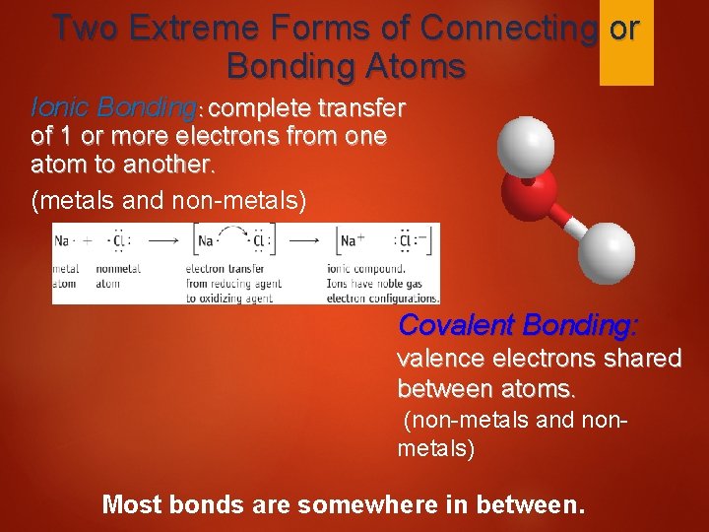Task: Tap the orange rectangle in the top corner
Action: pos(626,44)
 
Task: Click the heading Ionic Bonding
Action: pos(113,106)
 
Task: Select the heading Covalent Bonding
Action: pos(518,324)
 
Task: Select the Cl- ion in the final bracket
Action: pos(413,239)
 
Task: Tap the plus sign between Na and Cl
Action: pos(89,239)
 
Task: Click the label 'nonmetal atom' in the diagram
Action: pos(119,275)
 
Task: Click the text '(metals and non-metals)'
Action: pos(168,202)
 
